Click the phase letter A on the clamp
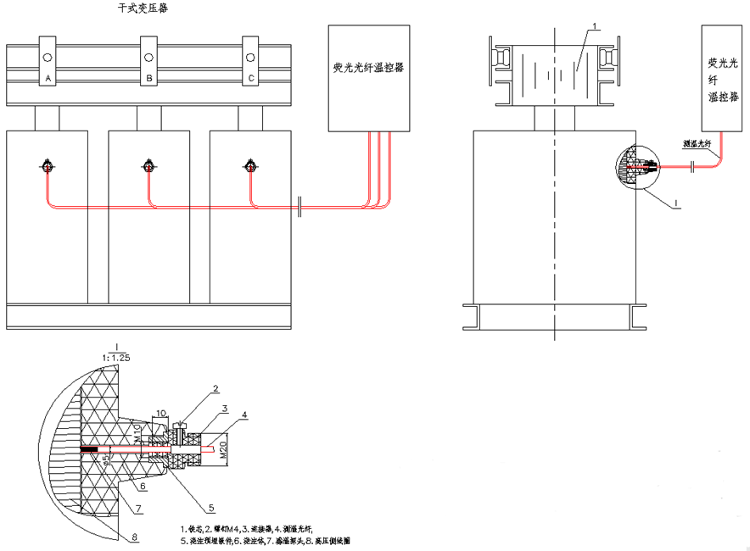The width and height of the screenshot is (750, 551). coord(48,78)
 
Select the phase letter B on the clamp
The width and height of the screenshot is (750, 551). coord(149,78)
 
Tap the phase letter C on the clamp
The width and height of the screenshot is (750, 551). coord(250,78)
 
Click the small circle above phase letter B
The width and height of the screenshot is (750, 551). coord(149,58)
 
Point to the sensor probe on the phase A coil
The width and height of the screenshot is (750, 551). coord(48,166)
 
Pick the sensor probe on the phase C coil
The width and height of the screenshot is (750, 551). coord(250,166)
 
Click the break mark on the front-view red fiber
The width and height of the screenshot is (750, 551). coord(300,205)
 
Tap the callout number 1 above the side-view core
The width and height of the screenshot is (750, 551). coord(596,28)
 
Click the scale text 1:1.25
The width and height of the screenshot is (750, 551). coord(115,358)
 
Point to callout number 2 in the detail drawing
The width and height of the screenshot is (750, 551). coord(216,389)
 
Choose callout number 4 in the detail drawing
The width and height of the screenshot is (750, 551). coord(244,415)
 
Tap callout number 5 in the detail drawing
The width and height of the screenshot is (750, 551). coord(210,508)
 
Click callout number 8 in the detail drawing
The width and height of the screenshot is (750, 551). coord(132,537)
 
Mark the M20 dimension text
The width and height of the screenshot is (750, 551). coord(224,448)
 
